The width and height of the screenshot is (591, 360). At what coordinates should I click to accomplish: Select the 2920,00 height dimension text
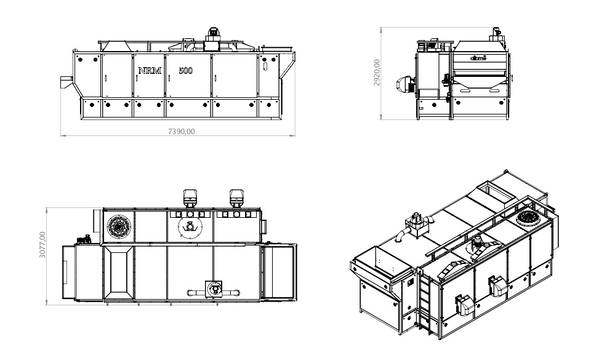[377, 73]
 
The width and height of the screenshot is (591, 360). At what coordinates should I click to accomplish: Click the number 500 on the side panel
[185, 71]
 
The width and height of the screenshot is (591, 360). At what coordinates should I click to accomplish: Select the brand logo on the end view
[478, 58]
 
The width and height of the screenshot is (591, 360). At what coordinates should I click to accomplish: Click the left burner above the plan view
[190, 197]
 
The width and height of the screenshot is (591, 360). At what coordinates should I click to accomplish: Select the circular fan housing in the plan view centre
[190, 228]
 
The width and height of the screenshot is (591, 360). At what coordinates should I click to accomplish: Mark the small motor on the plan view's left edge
[82, 239]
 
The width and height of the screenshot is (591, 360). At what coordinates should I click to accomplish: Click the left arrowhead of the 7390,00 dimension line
[62, 135]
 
